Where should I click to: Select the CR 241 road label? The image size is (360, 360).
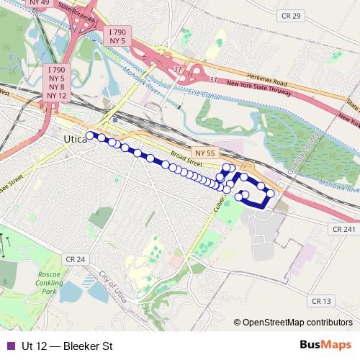343,229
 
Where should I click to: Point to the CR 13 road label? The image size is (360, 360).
323,300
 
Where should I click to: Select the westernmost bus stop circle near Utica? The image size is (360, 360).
90,135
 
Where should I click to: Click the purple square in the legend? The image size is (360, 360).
9,346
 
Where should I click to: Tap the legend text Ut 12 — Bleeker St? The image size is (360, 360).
67,346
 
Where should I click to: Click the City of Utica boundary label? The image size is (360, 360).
115,286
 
